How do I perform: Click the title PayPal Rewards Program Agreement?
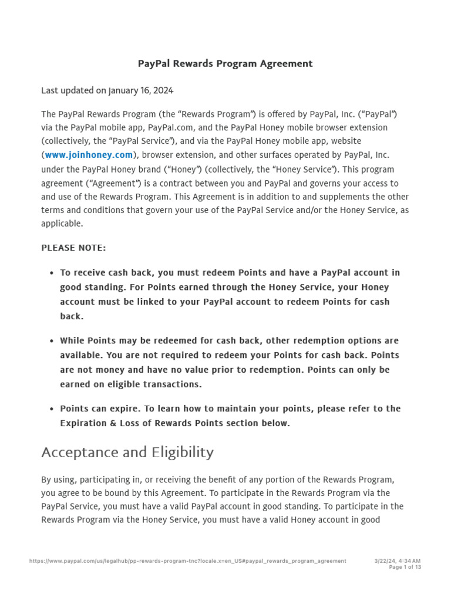pyautogui.click(x=225, y=63)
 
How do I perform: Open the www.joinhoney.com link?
pyautogui.click(x=89, y=155)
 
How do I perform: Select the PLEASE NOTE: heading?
pyautogui.click(x=73, y=248)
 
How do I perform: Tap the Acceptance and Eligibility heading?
pyautogui.click(x=127, y=453)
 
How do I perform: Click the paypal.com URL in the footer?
pyautogui.click(x=187, y=561)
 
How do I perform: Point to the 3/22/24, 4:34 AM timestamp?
pyautogui.click(x=397, y=561)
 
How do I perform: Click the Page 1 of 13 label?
pyautogui.click(x=405, y=568)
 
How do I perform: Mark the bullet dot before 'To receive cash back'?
pyautogui.click(x=52, y=273)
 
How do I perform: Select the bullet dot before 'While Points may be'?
pyautogui.click(x=52, y=341)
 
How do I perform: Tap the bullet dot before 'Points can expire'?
pyautogui.click(x=52, y=409)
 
